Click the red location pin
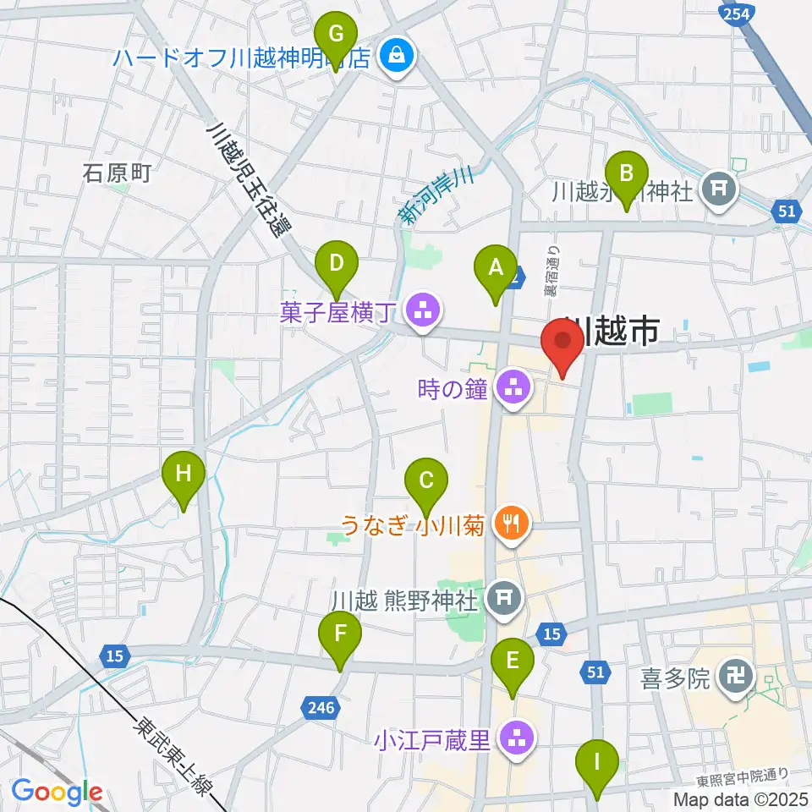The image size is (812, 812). [562, 345]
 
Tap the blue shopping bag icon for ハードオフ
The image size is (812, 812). [395, 57]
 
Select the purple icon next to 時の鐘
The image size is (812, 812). [512, 389]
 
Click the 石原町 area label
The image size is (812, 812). [117, 173]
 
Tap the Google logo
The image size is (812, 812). [57, 792]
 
